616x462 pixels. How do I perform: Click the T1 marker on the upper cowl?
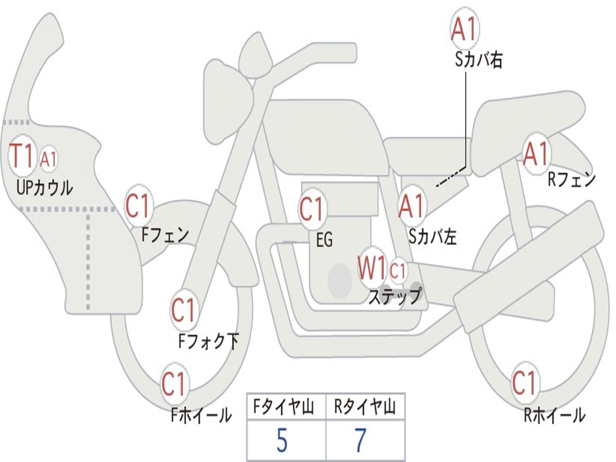coord(22,156)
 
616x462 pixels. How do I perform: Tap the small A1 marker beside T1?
coord(49,159)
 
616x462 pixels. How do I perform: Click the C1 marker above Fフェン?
coord(139,206)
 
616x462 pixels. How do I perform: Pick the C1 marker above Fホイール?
coord(174,384)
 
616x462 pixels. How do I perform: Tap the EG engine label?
coord(324,241)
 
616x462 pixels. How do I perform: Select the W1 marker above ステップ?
coord(372,268)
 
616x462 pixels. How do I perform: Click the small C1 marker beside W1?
coord(398,271)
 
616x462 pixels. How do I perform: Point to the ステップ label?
coord(395,297)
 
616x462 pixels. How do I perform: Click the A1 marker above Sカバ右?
coord(464,29)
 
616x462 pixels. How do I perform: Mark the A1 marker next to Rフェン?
coord(536,155)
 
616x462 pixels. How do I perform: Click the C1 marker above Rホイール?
coord(524,383)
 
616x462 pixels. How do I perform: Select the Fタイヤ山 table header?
coord(286,408)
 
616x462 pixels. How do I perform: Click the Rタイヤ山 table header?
coord(365,408)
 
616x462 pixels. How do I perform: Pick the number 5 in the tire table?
coord(282,442)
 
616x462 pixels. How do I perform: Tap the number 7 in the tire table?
coord(360,442)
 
